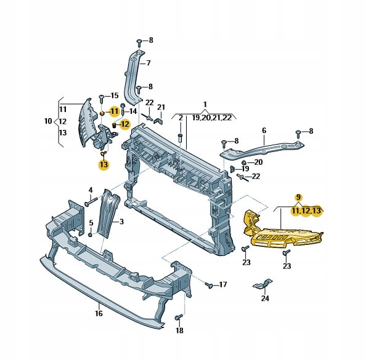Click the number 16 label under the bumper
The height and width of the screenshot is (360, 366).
point(99,313)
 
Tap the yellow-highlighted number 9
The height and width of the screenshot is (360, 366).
point(298,198)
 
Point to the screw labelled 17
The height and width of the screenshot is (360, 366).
point(209,285)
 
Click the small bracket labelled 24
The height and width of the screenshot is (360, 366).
point(263,283)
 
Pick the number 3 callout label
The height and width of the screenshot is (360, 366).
point(121,222)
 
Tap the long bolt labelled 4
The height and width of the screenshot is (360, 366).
point(91,201)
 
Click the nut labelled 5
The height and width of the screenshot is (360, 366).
point(91,234)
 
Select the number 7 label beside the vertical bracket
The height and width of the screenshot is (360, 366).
point(148,63)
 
